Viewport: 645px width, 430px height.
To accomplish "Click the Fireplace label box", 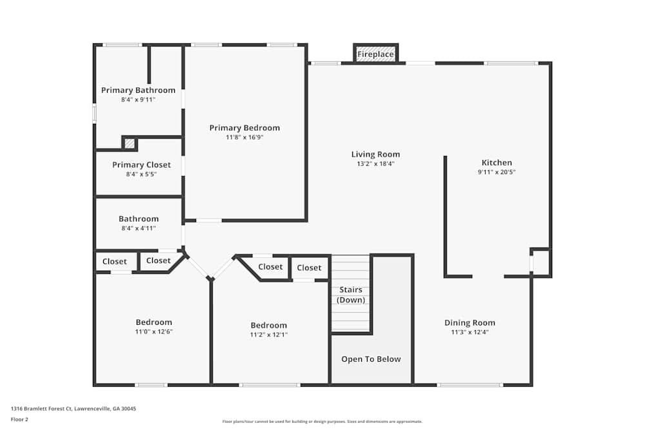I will (x=375, y=54).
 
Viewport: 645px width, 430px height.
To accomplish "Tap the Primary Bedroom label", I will (x=244, y=128).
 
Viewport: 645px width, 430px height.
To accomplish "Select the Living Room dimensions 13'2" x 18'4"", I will (x=375, y=164).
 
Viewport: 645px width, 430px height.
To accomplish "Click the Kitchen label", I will (x=497, y=162).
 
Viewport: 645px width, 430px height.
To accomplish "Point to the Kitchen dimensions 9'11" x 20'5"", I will (x=497, y=172).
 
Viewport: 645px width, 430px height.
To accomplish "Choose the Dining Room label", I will (x=470, y=323).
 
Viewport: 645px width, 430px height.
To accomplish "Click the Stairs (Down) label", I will (x=352, y=295).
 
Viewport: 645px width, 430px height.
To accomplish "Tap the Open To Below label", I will (x=371, y=359).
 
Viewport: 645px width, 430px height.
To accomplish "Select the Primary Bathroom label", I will (x=138, y=90).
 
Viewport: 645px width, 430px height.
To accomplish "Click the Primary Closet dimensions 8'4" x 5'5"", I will (x=141, y=174).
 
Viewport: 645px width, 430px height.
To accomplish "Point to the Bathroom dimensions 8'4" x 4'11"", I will (x=138, y=228).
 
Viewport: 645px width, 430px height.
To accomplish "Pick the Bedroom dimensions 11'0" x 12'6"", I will (x=154, y=331).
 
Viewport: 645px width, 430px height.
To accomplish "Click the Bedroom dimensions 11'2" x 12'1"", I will (x=268, y=335).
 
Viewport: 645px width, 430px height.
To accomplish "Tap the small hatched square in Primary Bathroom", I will (x=130, y=143).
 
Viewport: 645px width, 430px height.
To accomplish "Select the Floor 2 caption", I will (x=19, y=419).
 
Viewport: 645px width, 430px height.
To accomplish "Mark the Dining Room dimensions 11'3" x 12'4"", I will (x=470, y=333).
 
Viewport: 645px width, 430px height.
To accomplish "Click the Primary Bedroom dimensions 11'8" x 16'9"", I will (x=244, y=137).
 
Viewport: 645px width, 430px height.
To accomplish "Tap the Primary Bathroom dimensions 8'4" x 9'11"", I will (x=138, y=100).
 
